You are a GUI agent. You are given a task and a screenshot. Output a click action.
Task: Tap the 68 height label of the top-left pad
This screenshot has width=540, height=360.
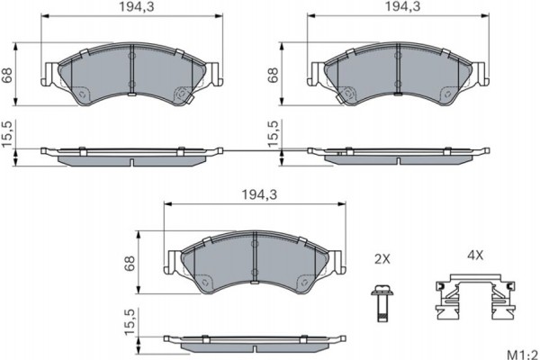8,76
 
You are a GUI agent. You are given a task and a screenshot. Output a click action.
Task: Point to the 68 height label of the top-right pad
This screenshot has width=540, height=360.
273,76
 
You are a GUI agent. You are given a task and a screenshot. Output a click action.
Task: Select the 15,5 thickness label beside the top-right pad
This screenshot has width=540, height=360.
273,135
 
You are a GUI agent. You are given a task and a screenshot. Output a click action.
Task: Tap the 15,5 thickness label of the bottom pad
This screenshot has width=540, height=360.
130,322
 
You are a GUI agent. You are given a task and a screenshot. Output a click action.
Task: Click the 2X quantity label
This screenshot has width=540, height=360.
382,259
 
